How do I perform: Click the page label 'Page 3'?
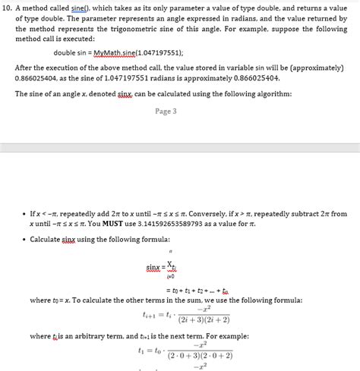tap(166, 111)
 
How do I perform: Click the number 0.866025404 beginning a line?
tap(36, 78)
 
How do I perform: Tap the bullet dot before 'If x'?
tap(21, 215)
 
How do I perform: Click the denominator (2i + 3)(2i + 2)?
tap(202, 319)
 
